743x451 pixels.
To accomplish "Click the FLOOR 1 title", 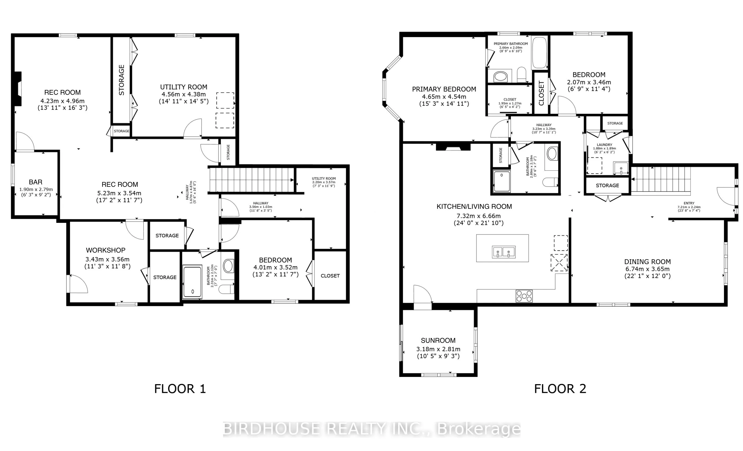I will pyautogui.click(x=180, y=389).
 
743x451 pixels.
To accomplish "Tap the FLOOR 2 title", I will pyautogui.click(x=560, y=389).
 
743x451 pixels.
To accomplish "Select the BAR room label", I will pyautogui.click(x=36, y=182).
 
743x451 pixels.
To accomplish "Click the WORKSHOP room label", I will pyautogui.click(x=105, y=250).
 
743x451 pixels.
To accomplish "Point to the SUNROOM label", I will pyautogui.click(x=438, y=341).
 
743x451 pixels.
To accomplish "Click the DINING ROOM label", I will pyautogui.click(x=647, y=262).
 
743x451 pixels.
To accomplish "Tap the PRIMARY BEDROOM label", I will pyautogui.click(x=444, y=89).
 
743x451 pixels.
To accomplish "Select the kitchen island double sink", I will pyautogui.click(x=503, y=252).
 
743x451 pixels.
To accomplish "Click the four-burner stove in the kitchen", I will pyautogui.click(x=524, y=296).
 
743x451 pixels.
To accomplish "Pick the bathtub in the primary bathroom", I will pyautogui.click(x=539, y=53).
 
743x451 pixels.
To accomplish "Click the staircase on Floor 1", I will pyautogui.click(x=252, y=180).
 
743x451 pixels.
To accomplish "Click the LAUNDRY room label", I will pyautogui.click(x=604, y=145).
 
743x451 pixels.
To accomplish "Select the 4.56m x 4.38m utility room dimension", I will pyautogui.click(x=184, y=94).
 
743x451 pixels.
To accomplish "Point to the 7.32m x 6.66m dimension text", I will pyautogui.click(x=479, y=216).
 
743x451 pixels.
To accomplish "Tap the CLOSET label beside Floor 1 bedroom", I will pyautogui.click(x=330, y=276).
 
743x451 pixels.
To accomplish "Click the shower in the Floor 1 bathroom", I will pyautogui.click(x=192, y=282).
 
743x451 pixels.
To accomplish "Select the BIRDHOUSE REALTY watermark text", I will pyautogui.click(x=372, y=429).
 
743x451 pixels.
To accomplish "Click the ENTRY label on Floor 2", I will pyautogui.click(x=689, y=203).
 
